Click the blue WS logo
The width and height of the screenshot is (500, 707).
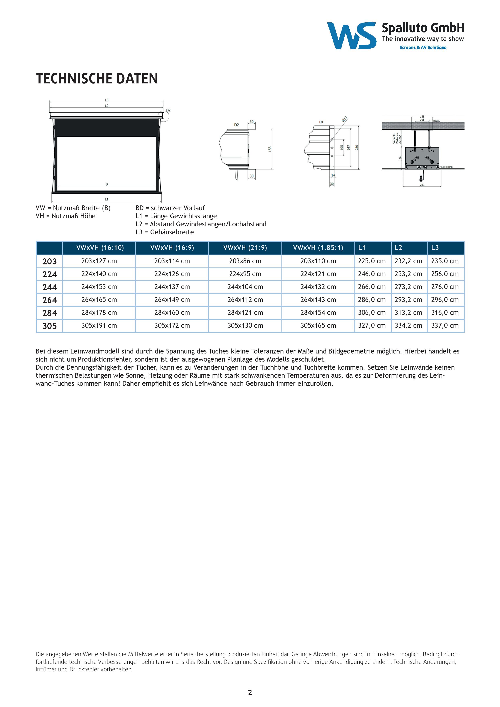tap(351, 36)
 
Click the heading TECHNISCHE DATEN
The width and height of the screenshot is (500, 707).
tap(97, 79)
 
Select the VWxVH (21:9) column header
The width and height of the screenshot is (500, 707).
tap(245, 248)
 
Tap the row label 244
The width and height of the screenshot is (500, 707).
tap(50, 287)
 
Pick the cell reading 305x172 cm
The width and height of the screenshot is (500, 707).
tap(172, 326)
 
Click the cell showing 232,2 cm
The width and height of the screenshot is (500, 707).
tap(408, 261)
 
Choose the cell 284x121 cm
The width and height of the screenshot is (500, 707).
tap(245, 313)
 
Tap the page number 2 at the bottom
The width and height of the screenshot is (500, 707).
tap(250, 692)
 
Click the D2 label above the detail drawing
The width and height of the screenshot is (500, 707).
tap(236, 125)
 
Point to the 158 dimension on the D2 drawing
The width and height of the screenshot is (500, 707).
tap(270, 149)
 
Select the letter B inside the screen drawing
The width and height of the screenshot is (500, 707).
tap(107, 184)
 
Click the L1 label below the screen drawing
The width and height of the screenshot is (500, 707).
tap(107, 199)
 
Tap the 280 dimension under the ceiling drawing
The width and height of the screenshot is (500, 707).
tap(422, 185)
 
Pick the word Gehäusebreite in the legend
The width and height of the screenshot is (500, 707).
tap(172, 232)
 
